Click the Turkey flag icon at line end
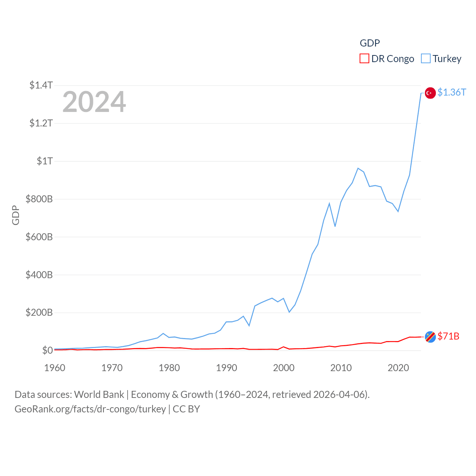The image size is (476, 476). click(430, 93)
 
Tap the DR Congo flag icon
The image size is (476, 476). click(430, 337)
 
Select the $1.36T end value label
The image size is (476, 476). click(451, 92)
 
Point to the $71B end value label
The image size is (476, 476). click(448, 336)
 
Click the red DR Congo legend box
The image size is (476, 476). click(364, 59)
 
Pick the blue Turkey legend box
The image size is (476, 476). click(426, 59)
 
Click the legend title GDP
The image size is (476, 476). click(370, 43)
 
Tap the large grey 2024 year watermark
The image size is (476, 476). click(94, 102)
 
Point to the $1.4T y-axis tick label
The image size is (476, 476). click(41, 85)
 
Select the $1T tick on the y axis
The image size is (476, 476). click(45, 161)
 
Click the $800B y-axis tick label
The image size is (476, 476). click(39, 199)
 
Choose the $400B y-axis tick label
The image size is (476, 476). click(39, 275)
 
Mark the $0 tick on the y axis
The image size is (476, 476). click(48, 350)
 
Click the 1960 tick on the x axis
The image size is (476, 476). click(55, 368)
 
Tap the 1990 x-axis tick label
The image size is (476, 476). click(226, 368)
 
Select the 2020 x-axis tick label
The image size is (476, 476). click(398, 368)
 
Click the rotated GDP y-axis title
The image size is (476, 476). click(16, 215)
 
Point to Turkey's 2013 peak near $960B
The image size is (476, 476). click(358, 168)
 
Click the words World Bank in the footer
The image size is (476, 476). click(99, 395)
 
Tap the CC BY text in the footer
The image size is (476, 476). click(186, 409)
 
